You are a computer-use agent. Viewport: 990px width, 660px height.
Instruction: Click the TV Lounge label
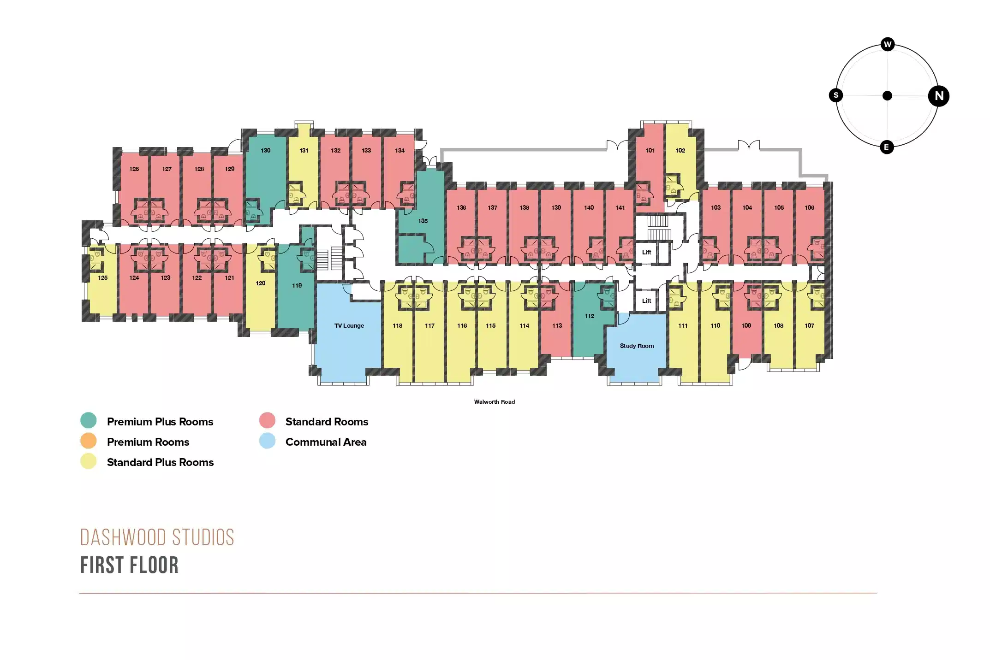coord(349,325)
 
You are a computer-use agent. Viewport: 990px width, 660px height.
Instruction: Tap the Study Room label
coord(637,346)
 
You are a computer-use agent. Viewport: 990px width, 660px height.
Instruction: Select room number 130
coord(266,150)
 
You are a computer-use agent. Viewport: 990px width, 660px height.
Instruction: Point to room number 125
coord(103,277)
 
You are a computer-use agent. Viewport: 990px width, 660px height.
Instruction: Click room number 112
coord(590,316)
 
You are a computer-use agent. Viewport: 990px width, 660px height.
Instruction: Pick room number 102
coord(680,150)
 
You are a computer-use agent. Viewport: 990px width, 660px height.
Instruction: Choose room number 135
coord(423,221)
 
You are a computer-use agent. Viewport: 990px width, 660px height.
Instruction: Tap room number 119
coord(297,285)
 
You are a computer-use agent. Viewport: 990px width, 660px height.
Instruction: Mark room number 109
coord(746,325)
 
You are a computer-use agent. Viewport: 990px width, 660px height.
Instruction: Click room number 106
coord(810,207)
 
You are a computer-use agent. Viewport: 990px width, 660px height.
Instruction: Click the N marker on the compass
coord(939,96)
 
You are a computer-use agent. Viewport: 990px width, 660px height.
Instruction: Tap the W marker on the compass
coord(888,44)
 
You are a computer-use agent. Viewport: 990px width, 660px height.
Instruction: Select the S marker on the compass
coord(836,95)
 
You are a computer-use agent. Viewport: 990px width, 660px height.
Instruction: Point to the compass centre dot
coord(887,96)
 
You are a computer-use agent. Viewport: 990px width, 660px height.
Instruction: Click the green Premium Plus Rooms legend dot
coord(89,420)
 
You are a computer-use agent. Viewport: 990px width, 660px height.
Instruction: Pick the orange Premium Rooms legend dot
coord(89,441)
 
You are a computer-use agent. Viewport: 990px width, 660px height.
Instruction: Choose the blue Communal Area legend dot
coord(268,441)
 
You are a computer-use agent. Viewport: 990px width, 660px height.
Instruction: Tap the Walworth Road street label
coord(495,402)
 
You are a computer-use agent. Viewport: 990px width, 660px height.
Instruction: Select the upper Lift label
coord(647,252)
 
